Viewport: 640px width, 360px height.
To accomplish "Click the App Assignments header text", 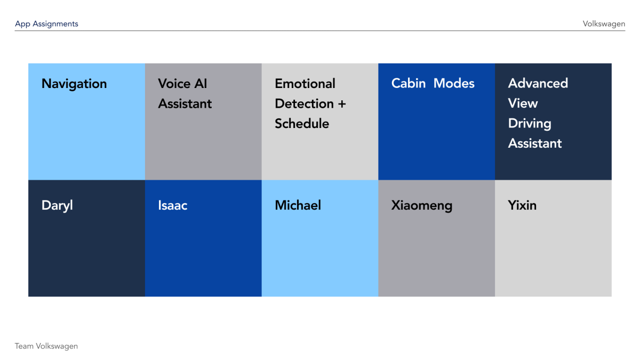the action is pos(46,24).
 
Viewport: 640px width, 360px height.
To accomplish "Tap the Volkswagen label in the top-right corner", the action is pos(604,24).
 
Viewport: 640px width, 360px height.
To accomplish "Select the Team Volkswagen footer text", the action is pos(46,346).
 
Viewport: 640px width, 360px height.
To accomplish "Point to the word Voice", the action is pos(174,84).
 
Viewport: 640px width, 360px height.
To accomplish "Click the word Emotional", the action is pos(305,84).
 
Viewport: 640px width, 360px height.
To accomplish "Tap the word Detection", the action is pos(304,103).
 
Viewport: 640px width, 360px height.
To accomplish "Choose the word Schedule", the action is pos(302,124).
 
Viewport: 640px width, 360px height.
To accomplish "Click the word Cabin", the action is pos(409,84).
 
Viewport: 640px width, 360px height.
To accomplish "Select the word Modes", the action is pos(454,84).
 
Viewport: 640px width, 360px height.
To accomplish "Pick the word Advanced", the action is pos(538,84).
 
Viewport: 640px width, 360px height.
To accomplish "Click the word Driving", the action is pos(530,124).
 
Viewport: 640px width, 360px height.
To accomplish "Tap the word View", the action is pos(523,103).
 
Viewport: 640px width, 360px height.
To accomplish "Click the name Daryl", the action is pos(57,206).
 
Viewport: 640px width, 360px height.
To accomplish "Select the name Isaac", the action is pos(173,205).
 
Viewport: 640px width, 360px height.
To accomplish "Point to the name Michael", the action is pos(298,205).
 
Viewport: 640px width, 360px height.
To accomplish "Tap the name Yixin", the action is pos(522,205).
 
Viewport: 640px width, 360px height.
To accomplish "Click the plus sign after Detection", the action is pos(342,104).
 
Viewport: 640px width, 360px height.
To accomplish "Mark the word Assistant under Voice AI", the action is pos(185,103).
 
